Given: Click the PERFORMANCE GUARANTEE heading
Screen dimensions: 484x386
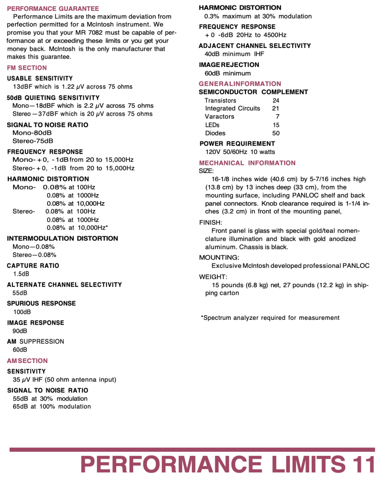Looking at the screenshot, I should click(53, 8).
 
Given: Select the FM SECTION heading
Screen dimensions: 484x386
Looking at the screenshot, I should click(27, 68).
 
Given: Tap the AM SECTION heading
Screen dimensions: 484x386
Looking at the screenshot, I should click(27, 361).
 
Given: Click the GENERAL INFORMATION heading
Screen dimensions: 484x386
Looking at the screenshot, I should click(240, 84).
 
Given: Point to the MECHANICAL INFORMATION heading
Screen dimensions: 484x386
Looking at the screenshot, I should click(247, 163).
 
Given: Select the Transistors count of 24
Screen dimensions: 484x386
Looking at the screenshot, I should click(276, 100).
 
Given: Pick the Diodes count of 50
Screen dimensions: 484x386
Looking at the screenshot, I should click(276, 133).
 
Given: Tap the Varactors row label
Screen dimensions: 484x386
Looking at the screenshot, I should click(219, 117).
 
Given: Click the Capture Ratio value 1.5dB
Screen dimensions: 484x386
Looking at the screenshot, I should click(21, 274).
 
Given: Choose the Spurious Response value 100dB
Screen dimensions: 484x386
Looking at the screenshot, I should click(22, 312).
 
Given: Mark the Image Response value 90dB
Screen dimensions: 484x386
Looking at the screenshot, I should click(20, 331).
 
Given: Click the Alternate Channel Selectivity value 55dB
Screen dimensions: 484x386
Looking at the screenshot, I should click(20, 293).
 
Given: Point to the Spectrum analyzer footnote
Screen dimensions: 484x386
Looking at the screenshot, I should click(270, 318).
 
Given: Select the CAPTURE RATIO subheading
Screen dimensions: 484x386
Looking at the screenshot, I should click(33, 266).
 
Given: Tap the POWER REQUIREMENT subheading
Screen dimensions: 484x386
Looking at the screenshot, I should click(237, 144).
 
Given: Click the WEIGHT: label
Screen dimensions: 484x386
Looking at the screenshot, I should click(213, 277).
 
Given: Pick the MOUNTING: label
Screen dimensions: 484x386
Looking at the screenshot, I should click(219, 258).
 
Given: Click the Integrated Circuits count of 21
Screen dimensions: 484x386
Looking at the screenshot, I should click(276, 108).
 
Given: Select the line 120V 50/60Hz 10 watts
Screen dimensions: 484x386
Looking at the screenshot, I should click(240, 152).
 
